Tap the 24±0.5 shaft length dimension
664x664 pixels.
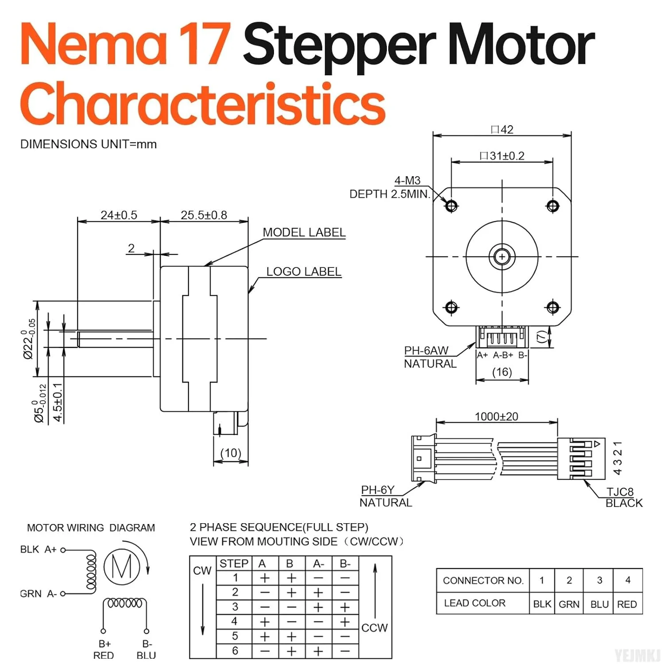point(119,215)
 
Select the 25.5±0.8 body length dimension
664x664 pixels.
point(204,215)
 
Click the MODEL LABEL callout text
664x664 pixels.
point(304,232)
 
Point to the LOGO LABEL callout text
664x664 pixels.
point(304,271)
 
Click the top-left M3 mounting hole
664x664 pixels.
point(452,206)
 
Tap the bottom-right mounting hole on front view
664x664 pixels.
point(553,307)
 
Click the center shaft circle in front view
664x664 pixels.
point(502,256)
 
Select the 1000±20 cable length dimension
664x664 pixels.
point(496,417)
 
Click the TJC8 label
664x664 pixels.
point(620,492)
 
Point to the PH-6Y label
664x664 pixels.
point(378,490)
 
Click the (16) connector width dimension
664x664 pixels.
point(502,372)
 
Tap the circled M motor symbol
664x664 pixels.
point(122,566)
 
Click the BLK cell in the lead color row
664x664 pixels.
point(542,604)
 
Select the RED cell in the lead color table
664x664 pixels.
point(627,604)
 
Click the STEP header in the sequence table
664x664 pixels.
point(234,564)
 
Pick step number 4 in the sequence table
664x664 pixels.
point(235,622)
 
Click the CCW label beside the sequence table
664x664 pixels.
point(374,628)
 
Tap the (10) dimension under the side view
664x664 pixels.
point(231,453)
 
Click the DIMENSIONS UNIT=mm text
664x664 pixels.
point(89,144)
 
